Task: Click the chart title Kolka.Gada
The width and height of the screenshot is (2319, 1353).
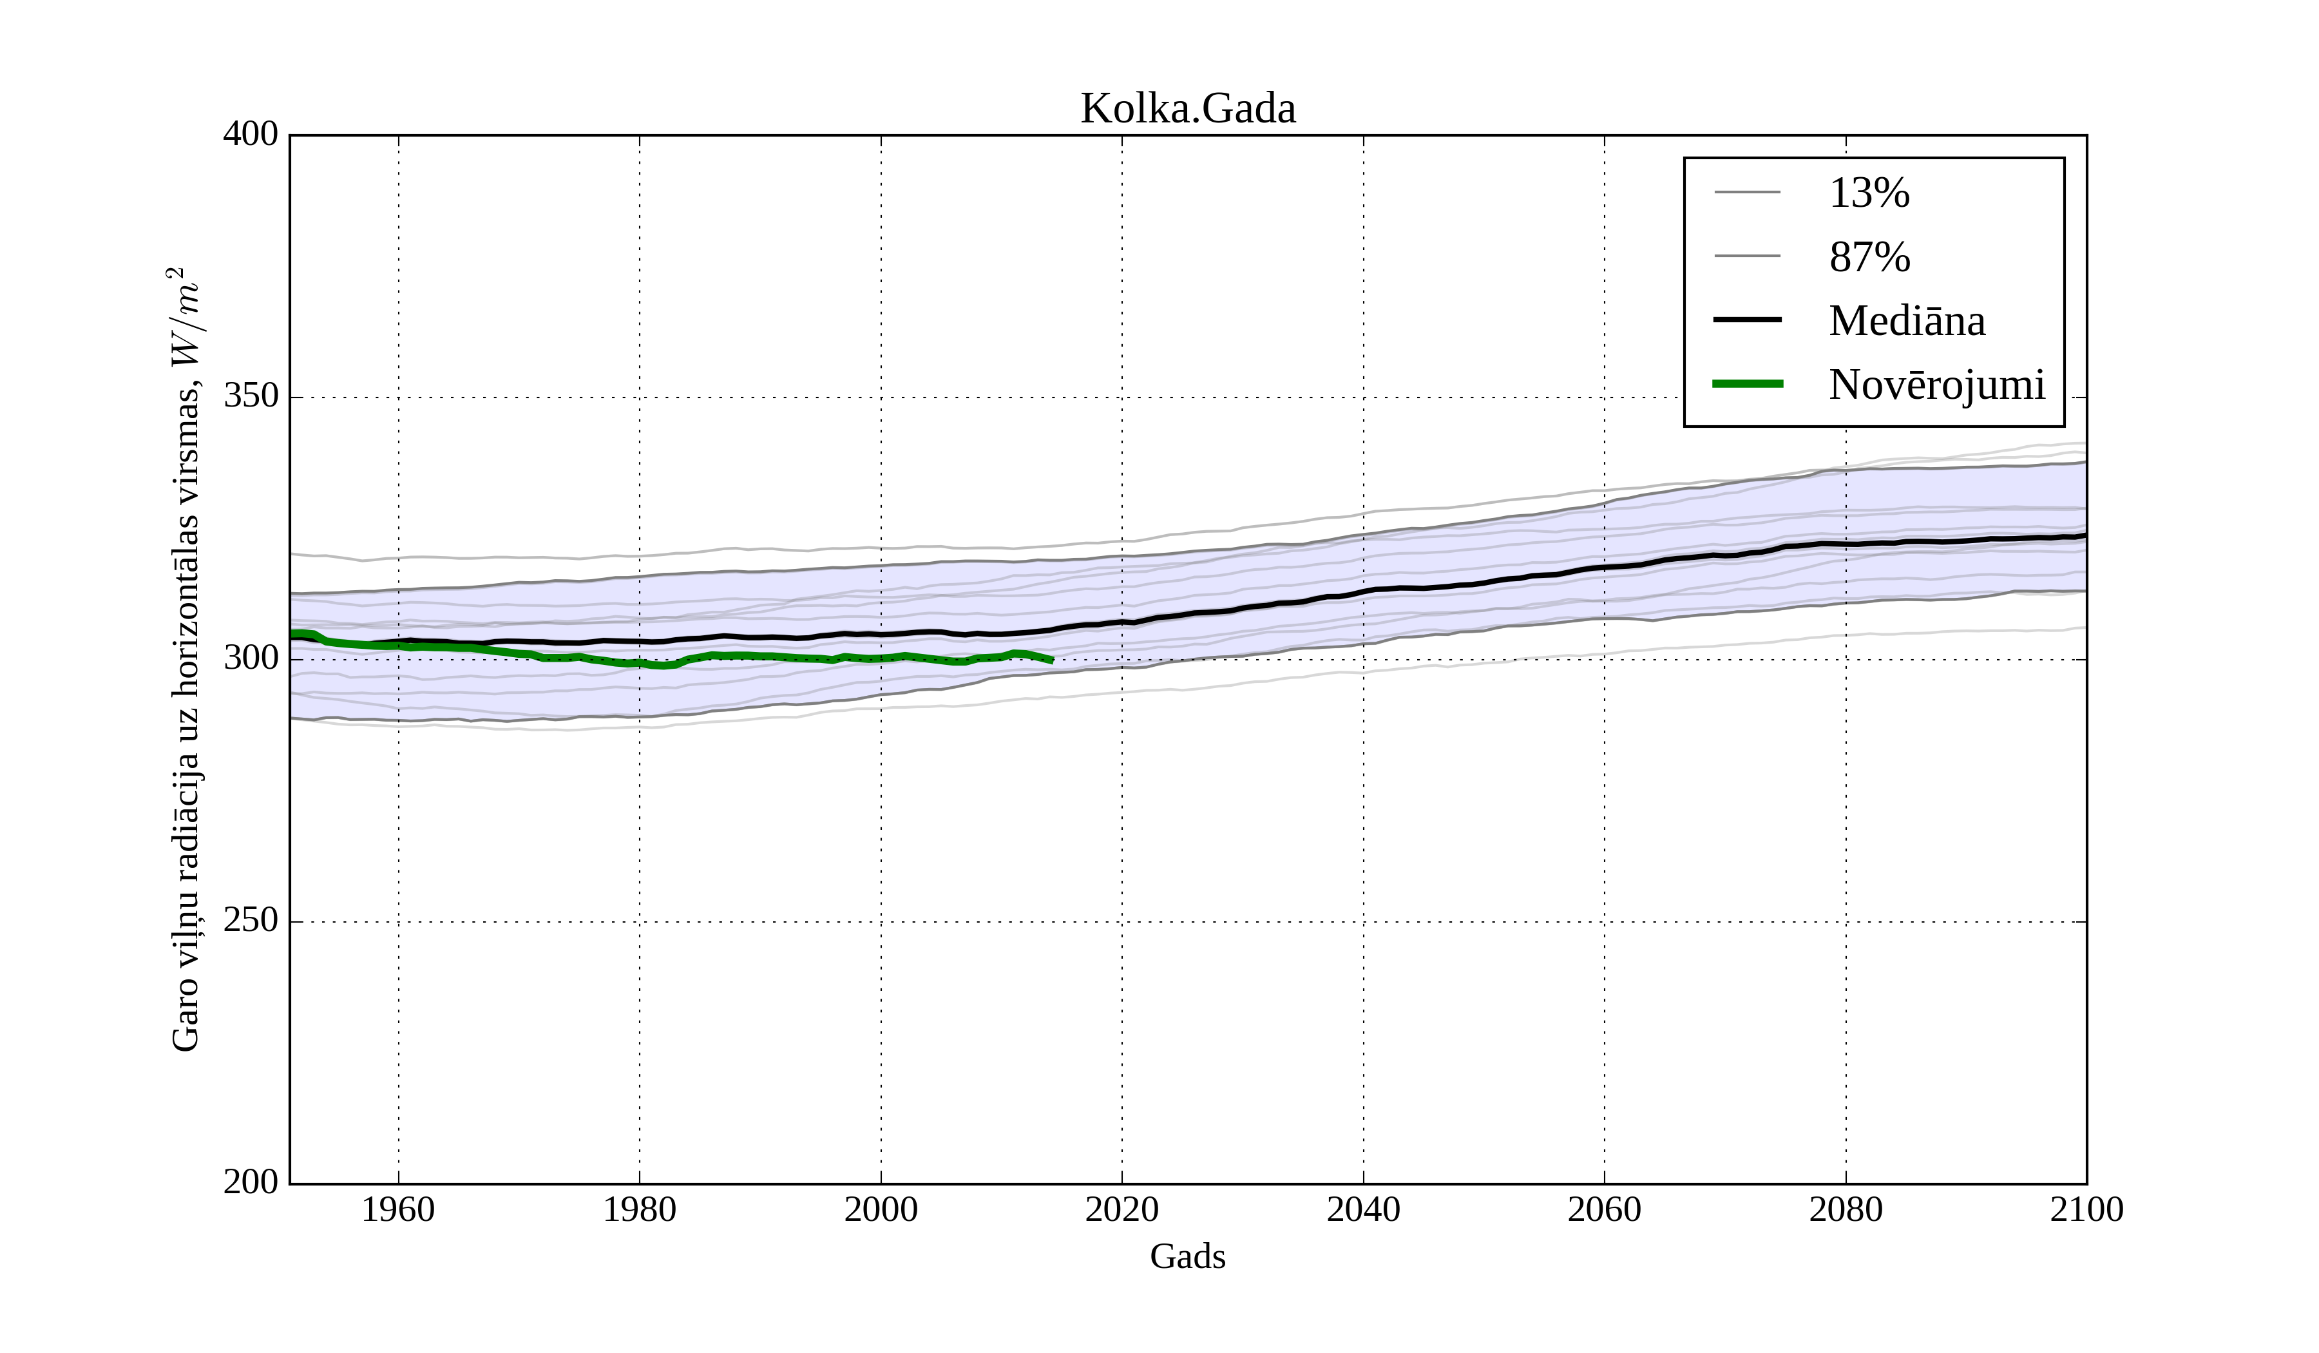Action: (x=1187, y=109)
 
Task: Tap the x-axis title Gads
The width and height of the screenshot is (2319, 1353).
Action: (x=1187, y=1256)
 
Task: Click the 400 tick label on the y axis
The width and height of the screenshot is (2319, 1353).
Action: (x=251, y=135)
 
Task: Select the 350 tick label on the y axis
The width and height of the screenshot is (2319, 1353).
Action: (x=251, y=397)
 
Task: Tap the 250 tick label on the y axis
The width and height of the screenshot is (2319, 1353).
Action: (x=251, y=921)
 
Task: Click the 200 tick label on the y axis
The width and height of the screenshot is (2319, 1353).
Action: (x=251, y=1182)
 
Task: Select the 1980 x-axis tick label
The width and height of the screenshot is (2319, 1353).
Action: (x=640, y=1209)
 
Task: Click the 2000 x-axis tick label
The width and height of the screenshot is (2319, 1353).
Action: (x=881, y=1209)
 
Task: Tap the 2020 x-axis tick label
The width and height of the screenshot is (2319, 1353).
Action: (x=1121, y=1209)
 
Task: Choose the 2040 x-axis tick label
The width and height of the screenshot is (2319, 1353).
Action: (x=1363, y=1209)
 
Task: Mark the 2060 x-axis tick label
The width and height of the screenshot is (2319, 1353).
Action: (x=1604, y=1209)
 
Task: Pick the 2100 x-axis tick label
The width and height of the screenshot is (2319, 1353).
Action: (x=2086, y=1209)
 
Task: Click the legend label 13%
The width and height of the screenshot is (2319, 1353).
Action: (x=1869, y=193)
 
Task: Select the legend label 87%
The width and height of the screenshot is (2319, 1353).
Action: (x=1869, y=257)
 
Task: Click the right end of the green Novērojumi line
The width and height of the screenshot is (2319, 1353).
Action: (x=1052, y=660)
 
